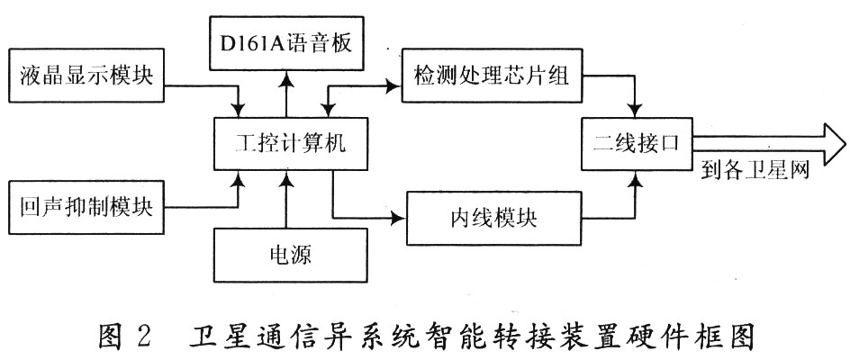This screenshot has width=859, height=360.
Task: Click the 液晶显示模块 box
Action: click(x=86, y=75)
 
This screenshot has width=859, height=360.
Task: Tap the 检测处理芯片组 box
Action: click(x=492, y=75)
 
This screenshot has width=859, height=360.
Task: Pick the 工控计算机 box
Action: click(x=289, y=143)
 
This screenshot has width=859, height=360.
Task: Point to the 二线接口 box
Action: click(x=637, y=144)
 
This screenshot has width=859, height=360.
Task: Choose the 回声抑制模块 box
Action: click(x=86, y=207)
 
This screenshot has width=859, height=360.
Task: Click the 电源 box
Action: click(x=290, y=255)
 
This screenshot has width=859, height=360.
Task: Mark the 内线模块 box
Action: click(x=493, y=218)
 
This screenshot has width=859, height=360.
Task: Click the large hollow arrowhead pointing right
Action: click(x=835, y=144)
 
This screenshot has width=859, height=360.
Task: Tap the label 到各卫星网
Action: click(x=755, y=172)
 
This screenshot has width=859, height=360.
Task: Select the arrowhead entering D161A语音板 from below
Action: click(x=286, y=77)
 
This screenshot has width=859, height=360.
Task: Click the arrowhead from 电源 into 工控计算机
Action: click(x=286, y=177)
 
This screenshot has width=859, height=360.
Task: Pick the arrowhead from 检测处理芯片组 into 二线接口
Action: click(x=636, y=110)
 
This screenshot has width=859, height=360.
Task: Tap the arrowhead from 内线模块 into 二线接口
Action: click(x=636, y=177)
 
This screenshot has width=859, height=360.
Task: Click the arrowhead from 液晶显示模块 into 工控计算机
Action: click(x=239, y=110)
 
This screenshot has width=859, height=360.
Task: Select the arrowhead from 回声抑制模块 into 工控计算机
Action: click(x=239, y=177)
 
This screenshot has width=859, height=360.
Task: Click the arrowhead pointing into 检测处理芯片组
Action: click(x=394, y=85)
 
